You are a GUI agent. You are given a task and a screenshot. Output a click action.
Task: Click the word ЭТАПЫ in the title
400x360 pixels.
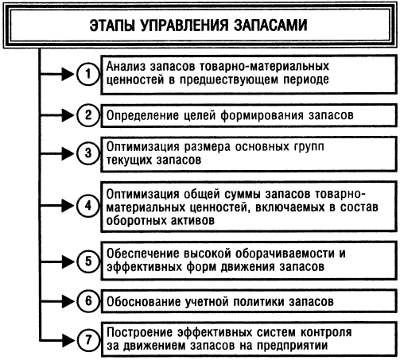tap(112, 25)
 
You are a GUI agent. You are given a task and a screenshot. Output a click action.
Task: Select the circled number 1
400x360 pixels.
tap(88, 74)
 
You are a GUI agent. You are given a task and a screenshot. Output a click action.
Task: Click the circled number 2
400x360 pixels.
tap(88, 115)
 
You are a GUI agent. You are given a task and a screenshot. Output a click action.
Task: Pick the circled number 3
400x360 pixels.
tap(88, 153)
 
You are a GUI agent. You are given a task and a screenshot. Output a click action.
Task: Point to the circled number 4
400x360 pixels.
tap(88, 206)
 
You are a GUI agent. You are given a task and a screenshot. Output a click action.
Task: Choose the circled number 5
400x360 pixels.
tap(88, 261)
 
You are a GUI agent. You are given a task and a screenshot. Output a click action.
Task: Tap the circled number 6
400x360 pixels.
tap(88, 301)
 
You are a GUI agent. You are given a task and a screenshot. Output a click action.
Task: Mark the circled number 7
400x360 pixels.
tap(88, 340)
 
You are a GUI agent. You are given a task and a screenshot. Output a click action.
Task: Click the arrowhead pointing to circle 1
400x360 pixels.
tap(68, 74)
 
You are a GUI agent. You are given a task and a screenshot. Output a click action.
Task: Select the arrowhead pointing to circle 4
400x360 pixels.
tap(68, 206)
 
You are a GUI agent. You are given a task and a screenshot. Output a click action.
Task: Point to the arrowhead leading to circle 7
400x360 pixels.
tap(68, 340)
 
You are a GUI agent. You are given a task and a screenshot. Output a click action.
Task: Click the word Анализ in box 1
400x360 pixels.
tap(126, 66)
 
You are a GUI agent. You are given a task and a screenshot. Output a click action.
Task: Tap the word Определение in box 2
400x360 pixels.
tap(142, 115)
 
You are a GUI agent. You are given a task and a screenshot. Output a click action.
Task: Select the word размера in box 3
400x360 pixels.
tap(208, 147)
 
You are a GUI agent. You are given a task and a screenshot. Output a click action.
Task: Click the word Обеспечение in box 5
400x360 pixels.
tap(142, 254)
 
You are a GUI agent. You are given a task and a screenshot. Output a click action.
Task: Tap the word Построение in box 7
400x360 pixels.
tap(140, 332)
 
